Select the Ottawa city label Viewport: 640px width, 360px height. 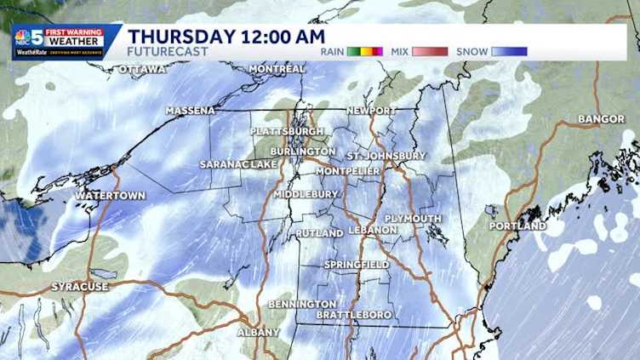click(x=142, y=69)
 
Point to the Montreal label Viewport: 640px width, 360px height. click(x=277, y=69)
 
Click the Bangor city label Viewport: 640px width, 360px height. click(x=602, y=119)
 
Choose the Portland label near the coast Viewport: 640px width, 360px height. click(x=517, y=226)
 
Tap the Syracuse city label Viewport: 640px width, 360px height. click(x=80, y=287)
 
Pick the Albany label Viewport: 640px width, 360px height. click(x=258, y=332)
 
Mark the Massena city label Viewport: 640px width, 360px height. click(x=191, y=111)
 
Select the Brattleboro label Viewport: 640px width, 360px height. click(x=354, y=315)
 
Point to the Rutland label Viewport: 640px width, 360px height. click(x=319, y=233)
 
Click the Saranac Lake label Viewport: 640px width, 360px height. click(x=239, y=164)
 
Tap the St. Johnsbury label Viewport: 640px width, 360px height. click(x=386, y=157)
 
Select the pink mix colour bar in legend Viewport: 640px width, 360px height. click(x=430, y=52)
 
